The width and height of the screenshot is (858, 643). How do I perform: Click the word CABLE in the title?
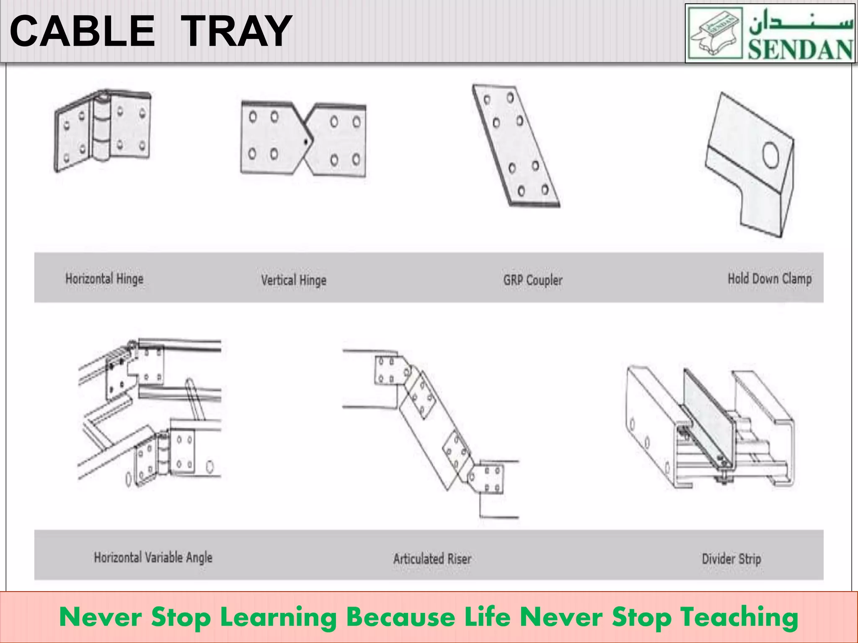point(82,31)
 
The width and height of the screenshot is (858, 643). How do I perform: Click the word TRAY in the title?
point(237,31)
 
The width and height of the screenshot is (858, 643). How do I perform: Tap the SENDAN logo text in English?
point(800,49)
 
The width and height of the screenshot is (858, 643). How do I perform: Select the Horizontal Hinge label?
point(104,279)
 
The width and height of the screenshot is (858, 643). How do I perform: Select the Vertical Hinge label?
point(294,280)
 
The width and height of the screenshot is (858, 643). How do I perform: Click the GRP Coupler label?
point(532,280)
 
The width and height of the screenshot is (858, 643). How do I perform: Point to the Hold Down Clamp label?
point(769,279)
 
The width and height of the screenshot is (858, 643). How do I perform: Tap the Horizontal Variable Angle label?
point(153,558)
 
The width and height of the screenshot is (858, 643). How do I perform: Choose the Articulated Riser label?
point(432,558)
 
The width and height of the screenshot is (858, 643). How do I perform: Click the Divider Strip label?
point(731,559)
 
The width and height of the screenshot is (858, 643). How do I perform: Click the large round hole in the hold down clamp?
point(770,155)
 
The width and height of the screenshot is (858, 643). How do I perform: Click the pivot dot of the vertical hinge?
point(306,142)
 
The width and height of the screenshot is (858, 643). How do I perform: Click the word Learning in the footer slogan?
point(278,617)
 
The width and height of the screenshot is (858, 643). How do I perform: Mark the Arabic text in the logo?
point(800,23)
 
